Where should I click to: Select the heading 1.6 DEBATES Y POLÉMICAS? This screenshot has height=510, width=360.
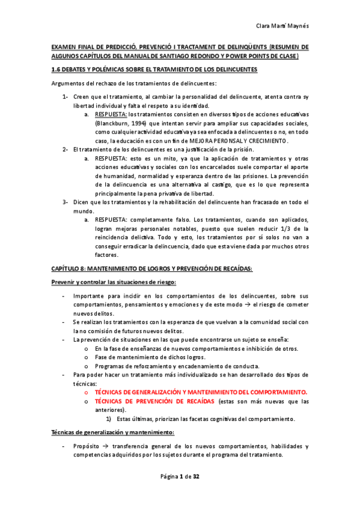(x=154, y=70)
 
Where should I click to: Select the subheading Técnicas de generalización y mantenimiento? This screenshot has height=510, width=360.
(x=113, y=432)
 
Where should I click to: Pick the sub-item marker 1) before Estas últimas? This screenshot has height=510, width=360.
(x=109, y=419)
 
